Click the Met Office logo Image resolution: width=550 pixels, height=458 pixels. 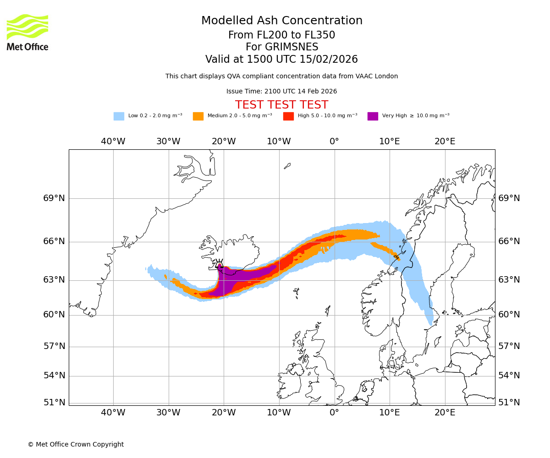point(27,32)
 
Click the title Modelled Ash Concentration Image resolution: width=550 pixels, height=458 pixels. point(282,21)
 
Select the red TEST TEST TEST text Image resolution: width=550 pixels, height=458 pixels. point(281,105)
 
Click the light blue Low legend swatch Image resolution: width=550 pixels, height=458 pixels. point(119,116)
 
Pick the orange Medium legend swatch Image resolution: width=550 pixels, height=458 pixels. point(198,116)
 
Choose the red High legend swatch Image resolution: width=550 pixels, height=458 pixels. point(288,116)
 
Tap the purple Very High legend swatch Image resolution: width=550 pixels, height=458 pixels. point(373,116)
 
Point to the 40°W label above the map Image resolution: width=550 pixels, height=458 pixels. point(113,142)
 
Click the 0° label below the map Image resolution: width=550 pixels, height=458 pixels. point(335,413)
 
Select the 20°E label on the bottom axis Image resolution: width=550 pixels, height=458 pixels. point(445,413)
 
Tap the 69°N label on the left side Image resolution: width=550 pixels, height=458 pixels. point(54,198)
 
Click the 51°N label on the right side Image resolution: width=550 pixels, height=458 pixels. point(509,403)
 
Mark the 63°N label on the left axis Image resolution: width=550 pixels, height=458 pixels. point(54,280)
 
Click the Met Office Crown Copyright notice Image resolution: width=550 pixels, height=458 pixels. point(76,444)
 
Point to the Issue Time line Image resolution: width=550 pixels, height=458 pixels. point(281,91)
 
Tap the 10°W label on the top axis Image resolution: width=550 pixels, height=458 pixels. point(279,142)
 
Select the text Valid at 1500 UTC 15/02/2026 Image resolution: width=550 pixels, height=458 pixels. point(281,60)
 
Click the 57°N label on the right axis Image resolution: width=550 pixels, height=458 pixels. point(509,346)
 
